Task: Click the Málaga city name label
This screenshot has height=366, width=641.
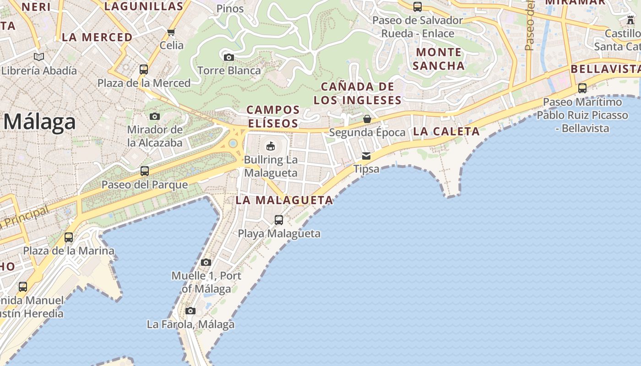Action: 40,122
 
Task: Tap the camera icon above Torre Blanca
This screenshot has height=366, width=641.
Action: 229,57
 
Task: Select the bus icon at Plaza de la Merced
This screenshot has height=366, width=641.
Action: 144,70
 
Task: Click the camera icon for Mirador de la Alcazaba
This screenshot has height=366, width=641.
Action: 155,116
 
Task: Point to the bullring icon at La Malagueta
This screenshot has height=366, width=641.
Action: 271,146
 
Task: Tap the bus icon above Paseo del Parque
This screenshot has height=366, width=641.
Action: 145,171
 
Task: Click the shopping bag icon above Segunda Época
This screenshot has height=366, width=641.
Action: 367,119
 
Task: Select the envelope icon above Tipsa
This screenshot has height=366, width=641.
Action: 366,156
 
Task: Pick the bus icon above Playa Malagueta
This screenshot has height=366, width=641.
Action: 279,220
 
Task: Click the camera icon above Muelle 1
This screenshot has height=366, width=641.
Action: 206,262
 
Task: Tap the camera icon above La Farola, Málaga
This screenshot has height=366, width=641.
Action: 190,311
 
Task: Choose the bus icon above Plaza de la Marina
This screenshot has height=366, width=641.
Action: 69,237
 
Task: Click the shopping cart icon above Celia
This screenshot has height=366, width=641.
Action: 171,32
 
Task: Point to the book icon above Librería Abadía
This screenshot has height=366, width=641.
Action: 39,57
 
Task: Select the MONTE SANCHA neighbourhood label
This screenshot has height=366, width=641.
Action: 439,59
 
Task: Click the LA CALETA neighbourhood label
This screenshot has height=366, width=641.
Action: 446,131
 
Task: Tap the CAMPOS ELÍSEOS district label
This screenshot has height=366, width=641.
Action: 273,117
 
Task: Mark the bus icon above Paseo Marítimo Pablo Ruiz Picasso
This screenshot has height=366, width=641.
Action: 582,88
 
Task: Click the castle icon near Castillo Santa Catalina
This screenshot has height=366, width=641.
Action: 630,20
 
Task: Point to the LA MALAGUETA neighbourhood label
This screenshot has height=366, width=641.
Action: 284,200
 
